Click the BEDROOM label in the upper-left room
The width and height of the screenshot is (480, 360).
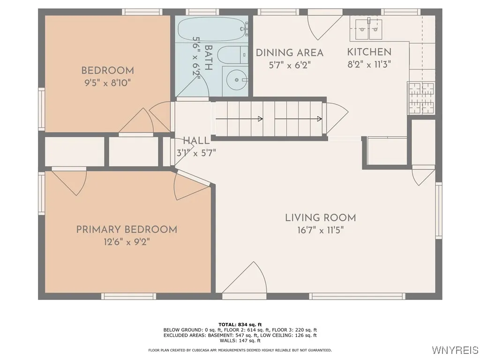[x=107, y=71]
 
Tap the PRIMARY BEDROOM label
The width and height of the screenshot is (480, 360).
[x=127, y=230]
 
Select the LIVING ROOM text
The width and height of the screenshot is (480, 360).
[x=321, y=217]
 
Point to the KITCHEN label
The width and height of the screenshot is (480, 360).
[x=369, y=52]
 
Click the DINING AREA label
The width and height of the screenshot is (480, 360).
[x=289, y=53]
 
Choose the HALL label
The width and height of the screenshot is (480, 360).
[x=196, y=141]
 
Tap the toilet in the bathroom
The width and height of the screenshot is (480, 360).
[x=232, y=55]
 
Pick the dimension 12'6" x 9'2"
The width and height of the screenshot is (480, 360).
[x=127, y=242]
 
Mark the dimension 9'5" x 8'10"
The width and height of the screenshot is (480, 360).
[x=107, y=83]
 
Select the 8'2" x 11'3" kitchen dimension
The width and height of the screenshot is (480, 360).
[x=369, y=65]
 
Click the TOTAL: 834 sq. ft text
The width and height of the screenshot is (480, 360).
[x=240, y=324]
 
